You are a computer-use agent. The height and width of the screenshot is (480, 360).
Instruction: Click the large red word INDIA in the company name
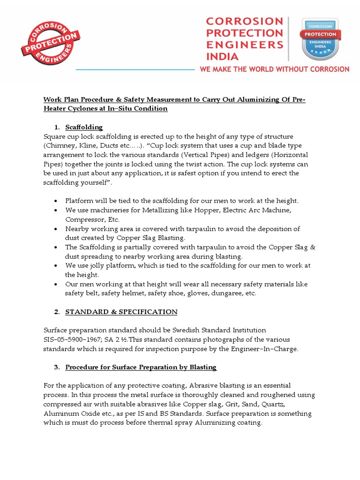coord(222,56)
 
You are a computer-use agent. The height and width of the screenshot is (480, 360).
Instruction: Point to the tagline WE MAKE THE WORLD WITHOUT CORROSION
coord(274,69)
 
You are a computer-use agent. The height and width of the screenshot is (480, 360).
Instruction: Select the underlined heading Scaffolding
coord(84,127)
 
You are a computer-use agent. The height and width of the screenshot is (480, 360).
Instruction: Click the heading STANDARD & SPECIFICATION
coord(121,312)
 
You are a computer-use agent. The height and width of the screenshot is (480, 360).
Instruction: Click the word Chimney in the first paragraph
coord(60,145)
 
